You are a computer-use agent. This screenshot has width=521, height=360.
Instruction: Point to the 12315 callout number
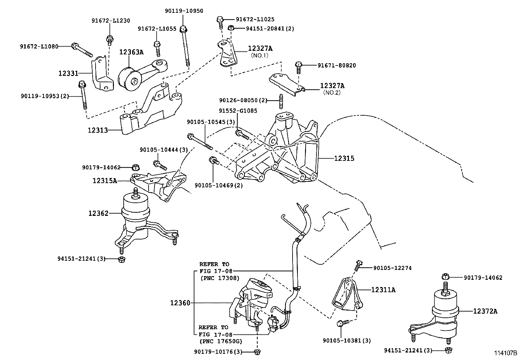point(344,158)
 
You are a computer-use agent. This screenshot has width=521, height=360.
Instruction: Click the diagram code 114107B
point(505,353)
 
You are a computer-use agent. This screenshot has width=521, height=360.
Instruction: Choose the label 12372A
point(485,311)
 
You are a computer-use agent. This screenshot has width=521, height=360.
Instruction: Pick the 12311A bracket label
point(383,290)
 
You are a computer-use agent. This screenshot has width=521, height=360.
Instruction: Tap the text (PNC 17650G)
point(220,341)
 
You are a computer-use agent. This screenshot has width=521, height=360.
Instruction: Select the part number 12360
point(180,303)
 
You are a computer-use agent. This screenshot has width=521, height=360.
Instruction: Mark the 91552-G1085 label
point(238,111)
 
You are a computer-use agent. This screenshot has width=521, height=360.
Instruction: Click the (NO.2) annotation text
point(332,92)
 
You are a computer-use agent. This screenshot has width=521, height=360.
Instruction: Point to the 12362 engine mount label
point(98,214)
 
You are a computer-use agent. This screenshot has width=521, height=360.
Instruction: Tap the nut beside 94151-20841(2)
point(231,28)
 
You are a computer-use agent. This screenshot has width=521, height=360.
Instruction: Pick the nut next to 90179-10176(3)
point(257,352)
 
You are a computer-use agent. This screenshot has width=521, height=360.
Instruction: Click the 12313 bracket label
point(98,130)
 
